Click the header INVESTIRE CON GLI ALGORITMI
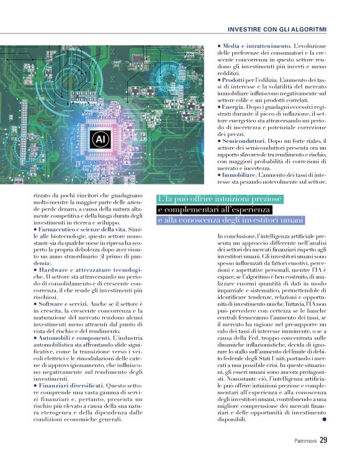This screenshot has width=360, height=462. [x=277, y=29]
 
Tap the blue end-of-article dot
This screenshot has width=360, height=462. [x=324, y=420]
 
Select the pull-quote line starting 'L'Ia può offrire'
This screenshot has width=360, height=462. [x=220, y=199]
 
